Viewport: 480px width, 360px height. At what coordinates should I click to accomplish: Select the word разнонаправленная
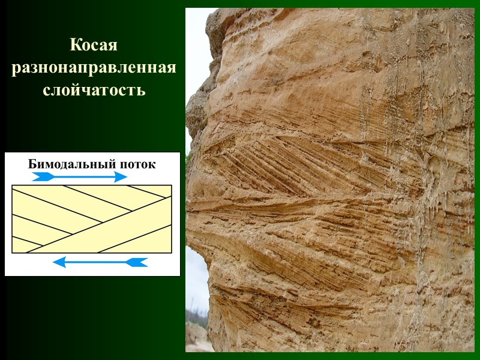tap(94, 68)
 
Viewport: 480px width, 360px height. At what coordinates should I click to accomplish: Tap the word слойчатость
tap(94, 91)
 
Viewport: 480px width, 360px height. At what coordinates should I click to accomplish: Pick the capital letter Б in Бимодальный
tap(32, 164)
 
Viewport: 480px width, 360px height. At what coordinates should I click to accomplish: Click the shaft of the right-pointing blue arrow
tap(78, 176)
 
